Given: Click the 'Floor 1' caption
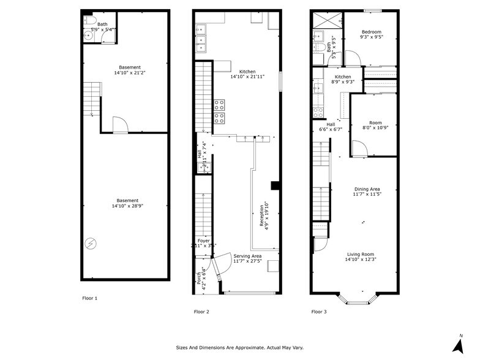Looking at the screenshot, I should tap(90, 298).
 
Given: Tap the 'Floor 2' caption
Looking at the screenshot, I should tap(201, 312).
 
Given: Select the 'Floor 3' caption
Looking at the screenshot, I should tap(318, 312).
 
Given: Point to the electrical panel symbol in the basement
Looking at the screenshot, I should tap(91, 244).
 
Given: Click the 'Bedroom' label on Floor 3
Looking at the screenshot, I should tap(371, 32).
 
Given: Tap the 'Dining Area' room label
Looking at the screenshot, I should tap(367, 189).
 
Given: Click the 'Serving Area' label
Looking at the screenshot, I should tap(247, 256).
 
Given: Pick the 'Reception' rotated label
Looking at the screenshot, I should tap(262, 216).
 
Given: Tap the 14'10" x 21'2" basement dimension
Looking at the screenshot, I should tap(129, 73).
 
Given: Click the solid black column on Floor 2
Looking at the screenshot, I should tap(276, 186).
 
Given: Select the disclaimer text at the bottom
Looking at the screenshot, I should tap(240, 347).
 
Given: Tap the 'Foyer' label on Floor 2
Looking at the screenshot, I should tap(204, 241).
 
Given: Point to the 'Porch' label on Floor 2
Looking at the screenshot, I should tap(198, 279).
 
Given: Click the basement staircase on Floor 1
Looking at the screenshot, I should tap(91, 98).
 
